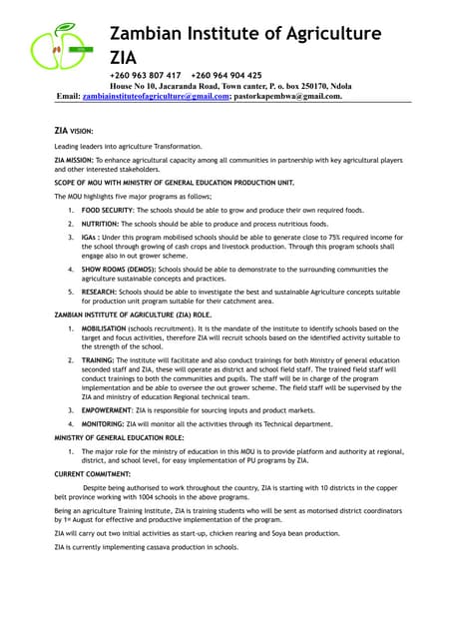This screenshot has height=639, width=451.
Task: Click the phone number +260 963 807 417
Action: (145, 75)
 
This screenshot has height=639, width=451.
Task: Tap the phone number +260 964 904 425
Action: (226, 75)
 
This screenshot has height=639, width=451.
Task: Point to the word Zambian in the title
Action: (152, 33)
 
